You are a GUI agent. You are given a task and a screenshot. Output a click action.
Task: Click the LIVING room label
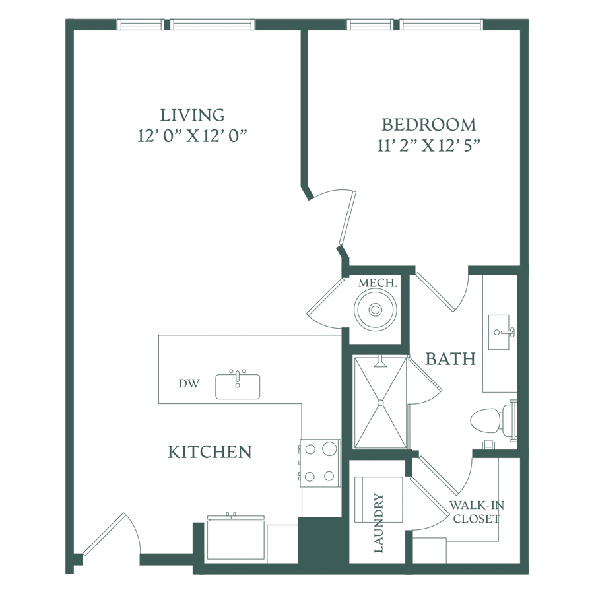pyautogui.click(x=192, y=115)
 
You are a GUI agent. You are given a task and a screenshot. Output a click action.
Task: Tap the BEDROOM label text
pyautogui.click(x=428, y=125)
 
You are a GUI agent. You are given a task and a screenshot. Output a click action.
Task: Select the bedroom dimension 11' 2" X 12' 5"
pyautogui.click(x=428, y=145)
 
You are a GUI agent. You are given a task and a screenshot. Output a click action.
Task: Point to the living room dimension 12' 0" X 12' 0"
pyautogui.click(x=192, y=135)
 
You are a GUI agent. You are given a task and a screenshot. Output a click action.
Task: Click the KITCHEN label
pyautogui.click(x=210, y=452)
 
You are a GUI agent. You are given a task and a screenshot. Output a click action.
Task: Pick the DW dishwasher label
pyautogui.click(x=189, y=383)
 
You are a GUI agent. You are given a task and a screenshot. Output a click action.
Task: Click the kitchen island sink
pyautogui.click(x=238, y=386)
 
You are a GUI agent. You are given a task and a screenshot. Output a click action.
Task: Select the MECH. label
pyautogui.click(x=378, y=282)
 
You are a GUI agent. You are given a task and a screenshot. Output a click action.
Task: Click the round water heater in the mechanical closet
pyautogui.click(x=376, y=310)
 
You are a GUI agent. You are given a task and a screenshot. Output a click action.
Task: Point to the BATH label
pyautogui.click(x=450, y=359)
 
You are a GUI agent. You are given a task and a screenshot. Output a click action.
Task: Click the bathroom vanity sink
pyautogui.click(x=499, y=332)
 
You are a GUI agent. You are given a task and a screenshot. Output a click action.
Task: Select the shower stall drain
pyautogui.click(x=380, y=403)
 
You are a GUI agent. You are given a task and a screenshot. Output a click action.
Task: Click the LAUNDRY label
pyautogui.click(x=379, y=523)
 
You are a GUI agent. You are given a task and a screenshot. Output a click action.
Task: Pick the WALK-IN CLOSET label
pyautogui.click(x=477, y=511)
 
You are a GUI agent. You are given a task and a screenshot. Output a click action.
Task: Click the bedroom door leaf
pyautogui.click(x=347, y=218)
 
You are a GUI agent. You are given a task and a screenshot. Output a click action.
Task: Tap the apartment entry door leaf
pyautogui.click(x=104, y=535)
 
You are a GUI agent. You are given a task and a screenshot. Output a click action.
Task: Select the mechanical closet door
pyautogui.click(x=325, y=296)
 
